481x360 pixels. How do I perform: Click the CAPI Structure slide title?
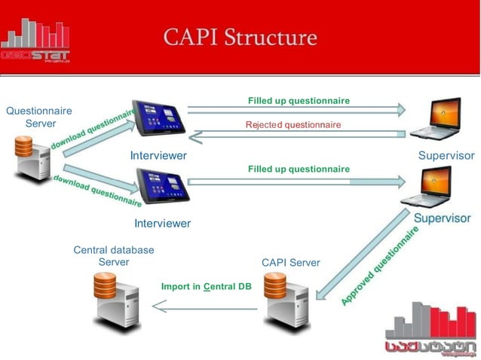click(240, 37)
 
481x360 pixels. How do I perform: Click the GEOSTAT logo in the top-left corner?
click(35, 41)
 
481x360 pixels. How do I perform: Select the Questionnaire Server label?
click(39, 117)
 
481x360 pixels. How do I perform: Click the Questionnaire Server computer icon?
click(32, 157)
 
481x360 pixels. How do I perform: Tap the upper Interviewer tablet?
click(158, 120)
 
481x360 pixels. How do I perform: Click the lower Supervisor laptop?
click(428, 188)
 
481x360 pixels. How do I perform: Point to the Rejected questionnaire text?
click(293, 124)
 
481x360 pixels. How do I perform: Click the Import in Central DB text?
click(206, 287)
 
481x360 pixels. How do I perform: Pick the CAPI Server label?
click(290, 263)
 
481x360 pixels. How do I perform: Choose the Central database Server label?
click(114, 255)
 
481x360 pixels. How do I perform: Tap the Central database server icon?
click(115, 299)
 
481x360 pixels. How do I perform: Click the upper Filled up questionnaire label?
click(299, 100)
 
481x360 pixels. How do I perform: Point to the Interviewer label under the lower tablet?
click(162, 223)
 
